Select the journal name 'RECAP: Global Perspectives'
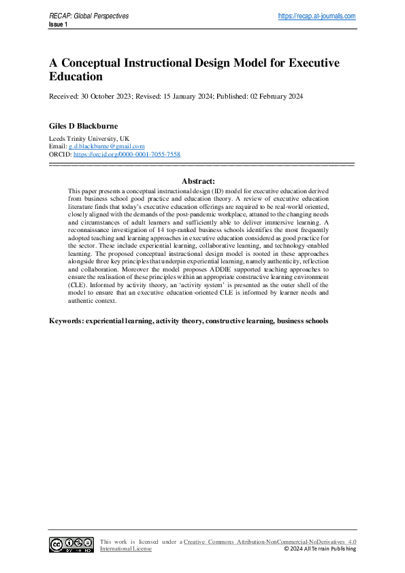pyautogui.click(x=88, y=16)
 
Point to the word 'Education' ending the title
pyautogui.click(x=76, y=77)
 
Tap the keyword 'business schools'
pyautogui.click(x=302, y=320)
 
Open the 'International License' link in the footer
pyautogui.click(x=126, y=549)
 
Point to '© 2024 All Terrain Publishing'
pyautogui.click(x=319, y=549)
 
